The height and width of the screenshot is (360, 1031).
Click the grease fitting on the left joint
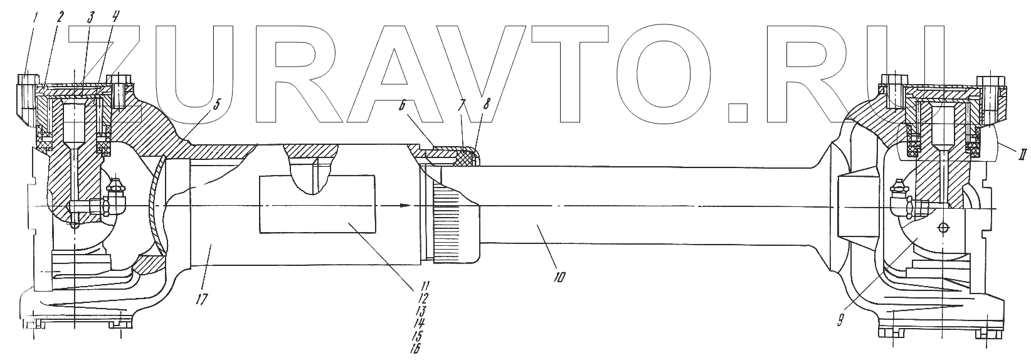(x=114, y=186)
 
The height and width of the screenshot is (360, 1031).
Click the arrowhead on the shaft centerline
(x=406, y=205)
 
